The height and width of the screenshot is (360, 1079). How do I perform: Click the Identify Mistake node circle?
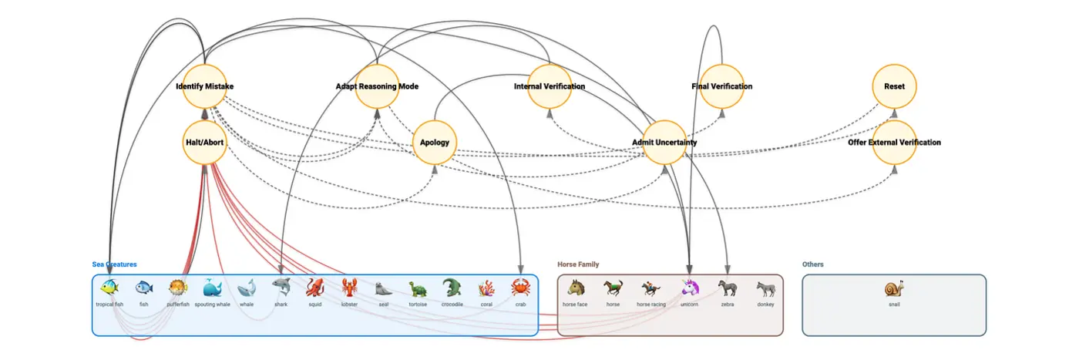coord(204,86)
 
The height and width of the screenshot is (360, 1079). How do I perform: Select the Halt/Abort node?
coord(204,143)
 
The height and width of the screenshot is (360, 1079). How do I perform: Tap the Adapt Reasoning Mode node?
coord(377,86)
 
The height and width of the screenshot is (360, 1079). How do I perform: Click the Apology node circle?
coord(435,143)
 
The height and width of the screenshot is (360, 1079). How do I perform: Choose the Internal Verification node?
coord(550,86)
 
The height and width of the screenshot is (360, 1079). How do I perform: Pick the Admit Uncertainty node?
coord(664,143)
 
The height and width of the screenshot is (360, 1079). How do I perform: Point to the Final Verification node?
coord(722,86)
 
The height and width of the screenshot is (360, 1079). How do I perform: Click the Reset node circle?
coord(895,86)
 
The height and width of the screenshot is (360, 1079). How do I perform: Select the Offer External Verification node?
coord(895,143)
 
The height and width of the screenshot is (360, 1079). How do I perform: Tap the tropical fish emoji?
coord(109,288)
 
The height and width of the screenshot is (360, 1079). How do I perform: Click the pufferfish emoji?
coord(178,288)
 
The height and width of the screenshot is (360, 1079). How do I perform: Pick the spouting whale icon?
coord(212,288)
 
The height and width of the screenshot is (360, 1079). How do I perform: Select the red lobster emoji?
coord(349,288)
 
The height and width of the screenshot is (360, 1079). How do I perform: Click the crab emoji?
coord(520,288)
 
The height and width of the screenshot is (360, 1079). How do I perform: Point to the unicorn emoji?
coord(689,288)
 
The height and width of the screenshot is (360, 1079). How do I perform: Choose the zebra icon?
coord(728,288)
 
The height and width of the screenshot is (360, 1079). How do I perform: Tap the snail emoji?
coord(894,289)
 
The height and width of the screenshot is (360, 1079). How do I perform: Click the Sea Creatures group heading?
coord(115,264)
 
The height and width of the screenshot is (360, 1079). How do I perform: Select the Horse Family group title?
coord(578,264)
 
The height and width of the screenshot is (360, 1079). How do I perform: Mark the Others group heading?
coord(812,264)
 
